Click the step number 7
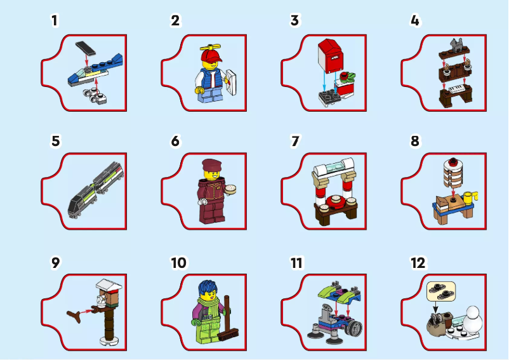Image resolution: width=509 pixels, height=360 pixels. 294,141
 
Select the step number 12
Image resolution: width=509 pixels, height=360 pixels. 418,262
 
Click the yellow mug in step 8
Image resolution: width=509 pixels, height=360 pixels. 469,198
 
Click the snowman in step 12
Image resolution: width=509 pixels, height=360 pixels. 472,323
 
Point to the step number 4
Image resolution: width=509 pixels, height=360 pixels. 415,20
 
